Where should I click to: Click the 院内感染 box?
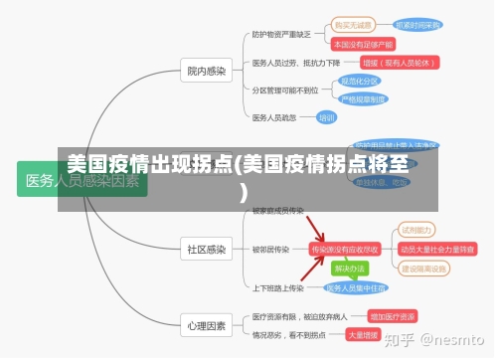point(207,71)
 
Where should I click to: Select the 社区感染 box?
point(207,249)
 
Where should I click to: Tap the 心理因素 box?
point(207,325)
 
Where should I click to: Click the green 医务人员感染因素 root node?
point(83,180)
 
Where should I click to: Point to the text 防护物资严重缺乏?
point(281,34)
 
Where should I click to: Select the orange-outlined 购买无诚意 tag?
point(352,25)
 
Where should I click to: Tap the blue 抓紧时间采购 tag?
point(416,25)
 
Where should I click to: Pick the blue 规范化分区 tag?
point(359,82)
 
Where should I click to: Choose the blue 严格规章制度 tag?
point(364,99)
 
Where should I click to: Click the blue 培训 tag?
point(326,117)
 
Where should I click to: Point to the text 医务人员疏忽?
point(274,117)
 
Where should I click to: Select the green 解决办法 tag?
point(350,269)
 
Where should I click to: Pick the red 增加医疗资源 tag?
point(392,316)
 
